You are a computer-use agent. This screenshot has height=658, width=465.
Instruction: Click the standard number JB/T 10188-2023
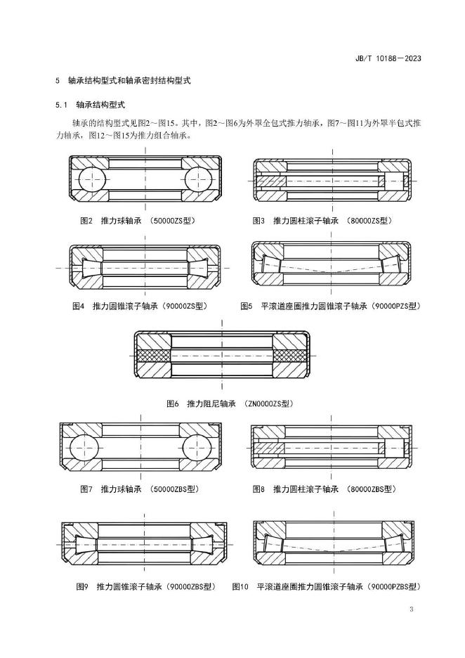(x=388, y=58)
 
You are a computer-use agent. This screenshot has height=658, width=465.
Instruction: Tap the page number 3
(x=412, y=609)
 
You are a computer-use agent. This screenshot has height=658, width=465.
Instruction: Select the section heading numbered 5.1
(x=90, y=105)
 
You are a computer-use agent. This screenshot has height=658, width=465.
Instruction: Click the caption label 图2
(x=86, y=221)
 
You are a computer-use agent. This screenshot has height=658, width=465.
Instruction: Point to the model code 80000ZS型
(x=369, y=221)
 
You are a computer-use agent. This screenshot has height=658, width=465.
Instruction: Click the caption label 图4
(x=79, y=307)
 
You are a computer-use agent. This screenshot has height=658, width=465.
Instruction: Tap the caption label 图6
(x=173, y=404)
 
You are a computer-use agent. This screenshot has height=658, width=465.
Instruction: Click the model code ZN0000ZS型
(x=268, y=404)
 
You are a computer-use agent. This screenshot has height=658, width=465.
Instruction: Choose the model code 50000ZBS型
(x=174, y=489)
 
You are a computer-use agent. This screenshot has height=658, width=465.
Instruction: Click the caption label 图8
(x=258, y=489)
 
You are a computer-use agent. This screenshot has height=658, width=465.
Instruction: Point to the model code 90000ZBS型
(x=191, y=587)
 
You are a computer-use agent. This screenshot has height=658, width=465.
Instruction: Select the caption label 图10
(x=241, y=587)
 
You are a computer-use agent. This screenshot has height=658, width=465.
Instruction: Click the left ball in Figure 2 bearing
(x=90, y=179)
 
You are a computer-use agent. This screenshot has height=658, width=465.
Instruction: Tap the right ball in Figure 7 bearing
(x=196, y=448)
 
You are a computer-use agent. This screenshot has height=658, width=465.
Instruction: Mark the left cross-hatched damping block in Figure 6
(x=152, y=356)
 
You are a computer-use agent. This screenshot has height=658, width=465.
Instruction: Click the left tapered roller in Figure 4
(x=91, y=268)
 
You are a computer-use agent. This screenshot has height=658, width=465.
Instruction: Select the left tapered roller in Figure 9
(x=85, y=545)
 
